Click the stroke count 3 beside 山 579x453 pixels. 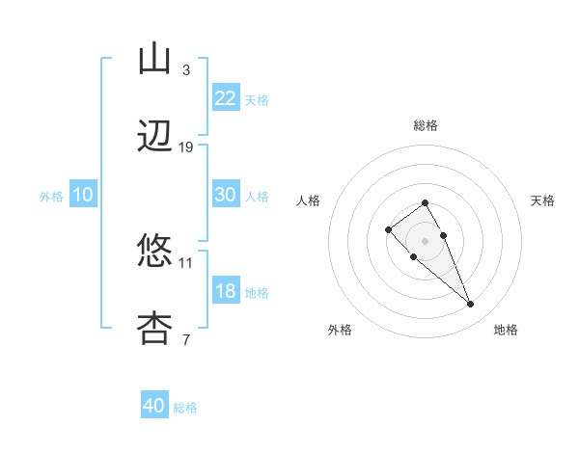point(186,69)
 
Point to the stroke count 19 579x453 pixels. point(186,147)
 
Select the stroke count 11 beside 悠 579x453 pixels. point(186,261)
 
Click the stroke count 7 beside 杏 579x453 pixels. point(186,338)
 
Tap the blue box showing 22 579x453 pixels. point(226,98)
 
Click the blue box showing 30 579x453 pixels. point(226,195)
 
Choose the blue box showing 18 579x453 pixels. point(226,291)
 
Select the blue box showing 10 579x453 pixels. point(83,195)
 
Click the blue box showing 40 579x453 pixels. point(154,406)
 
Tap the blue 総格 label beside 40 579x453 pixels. point(185,408)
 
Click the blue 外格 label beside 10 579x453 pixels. point(51,197)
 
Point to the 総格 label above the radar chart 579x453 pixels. point(425,125)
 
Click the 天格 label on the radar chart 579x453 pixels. point(542,200)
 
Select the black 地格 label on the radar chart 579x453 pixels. point(506,330)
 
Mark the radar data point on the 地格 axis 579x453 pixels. point(470,305)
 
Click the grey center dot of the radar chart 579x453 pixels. point(425,241)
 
